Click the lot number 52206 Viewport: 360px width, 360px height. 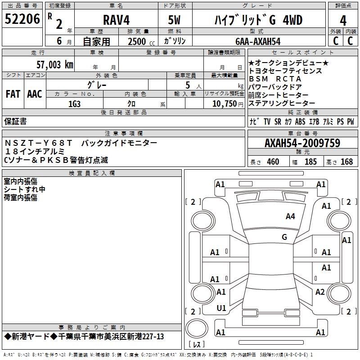[x=22, y=20]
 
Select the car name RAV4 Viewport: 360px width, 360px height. [x=116, y=20]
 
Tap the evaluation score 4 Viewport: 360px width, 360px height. [x=343, y=20]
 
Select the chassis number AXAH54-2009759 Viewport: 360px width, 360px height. [x=302, y=143]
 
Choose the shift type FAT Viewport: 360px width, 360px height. [x=13, y=94]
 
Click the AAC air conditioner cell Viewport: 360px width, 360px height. [x=35, y=94]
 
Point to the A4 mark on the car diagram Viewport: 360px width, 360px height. [x=290, y=216]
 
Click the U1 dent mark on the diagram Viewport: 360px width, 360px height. [x=221, y=308]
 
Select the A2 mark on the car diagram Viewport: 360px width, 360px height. [x=320, y=292]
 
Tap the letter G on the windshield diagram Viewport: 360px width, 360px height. [x=284, y=237]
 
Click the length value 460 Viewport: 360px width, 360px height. [x=273, y=162]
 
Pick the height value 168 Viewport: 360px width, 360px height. [x=346, y=162]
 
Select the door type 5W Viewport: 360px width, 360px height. [x=176, y=20]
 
